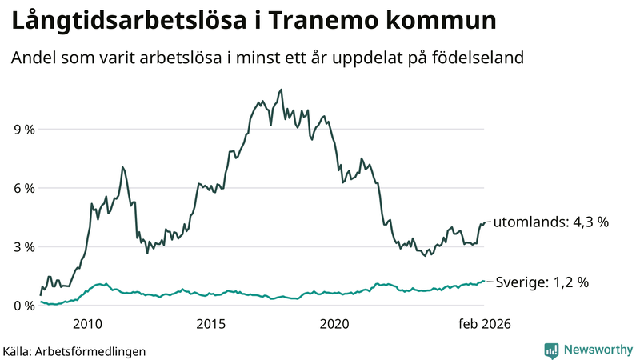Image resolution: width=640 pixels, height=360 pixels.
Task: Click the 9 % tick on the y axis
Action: pyautogui.click(x=23, y=129)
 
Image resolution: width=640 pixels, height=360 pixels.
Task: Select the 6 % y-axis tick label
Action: pyautogui.click(x=23, y=188)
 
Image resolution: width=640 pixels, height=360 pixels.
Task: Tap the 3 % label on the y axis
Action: pyautogui.click(x=23, y=246)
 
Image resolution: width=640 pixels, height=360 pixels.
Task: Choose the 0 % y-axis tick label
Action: pyautogui.click(x=23, y=306)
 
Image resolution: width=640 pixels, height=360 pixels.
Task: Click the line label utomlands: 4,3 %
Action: pyautogui.click(x=551, y=222)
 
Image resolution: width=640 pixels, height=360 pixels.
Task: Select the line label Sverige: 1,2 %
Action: pyautogui.click(x=542, y=282)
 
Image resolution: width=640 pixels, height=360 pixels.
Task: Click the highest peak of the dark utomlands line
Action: pyautogui.click(x=281, y=90)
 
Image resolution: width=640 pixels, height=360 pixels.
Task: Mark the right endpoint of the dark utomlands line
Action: pyautogui.click(x=484, y=222)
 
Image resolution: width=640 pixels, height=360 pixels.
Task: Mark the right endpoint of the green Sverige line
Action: pyautogui.click(x=484, y=282)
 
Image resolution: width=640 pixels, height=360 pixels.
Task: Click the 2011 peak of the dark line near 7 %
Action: pyautogui.click(x=122, y=167)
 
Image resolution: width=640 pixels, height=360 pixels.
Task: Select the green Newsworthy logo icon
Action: pyautogui.click(x=551, y=350)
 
